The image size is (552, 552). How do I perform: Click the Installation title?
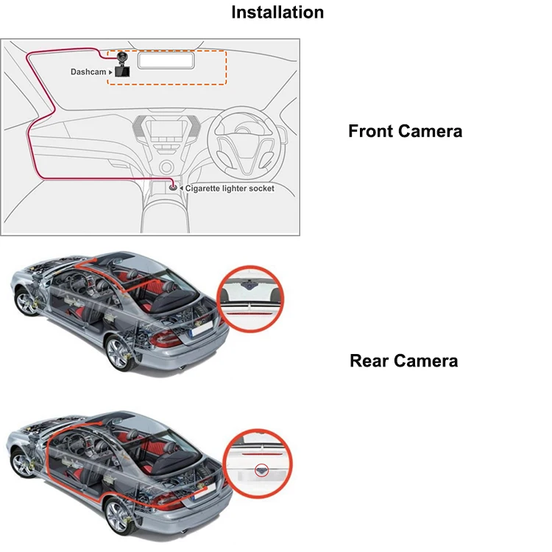(x=277, y=13)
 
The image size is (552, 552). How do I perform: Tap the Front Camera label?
(x=405, y=132)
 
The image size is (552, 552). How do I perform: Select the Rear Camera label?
(x=403, y=361)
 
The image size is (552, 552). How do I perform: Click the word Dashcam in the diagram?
(x=88, y=72)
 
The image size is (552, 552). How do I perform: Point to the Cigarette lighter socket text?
(x=230, y=188)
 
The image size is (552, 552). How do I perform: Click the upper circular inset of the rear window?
(x=252, y=297)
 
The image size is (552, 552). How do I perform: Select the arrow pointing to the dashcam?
(x=110, y=72)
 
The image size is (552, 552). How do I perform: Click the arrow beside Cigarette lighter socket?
(x=181, y=188)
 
